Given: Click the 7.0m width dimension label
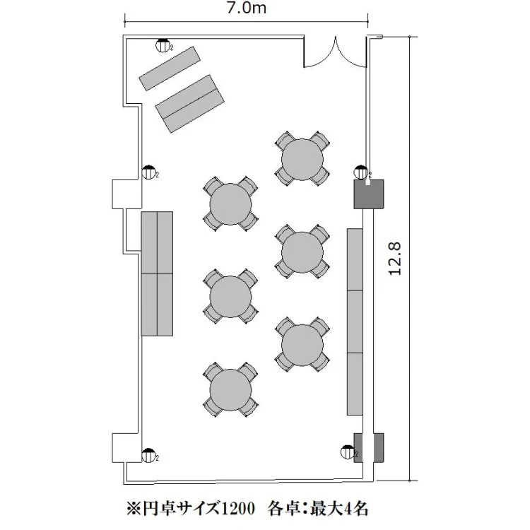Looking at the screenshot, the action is pyautogui.click(x=247, y=8).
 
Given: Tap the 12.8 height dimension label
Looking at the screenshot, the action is pyautogui.click(x=394, y=259).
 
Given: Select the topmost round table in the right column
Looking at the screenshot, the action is pyautogui.click(x=302, y=159).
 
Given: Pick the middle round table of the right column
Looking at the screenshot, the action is pyautogui.click(x=302, y=252).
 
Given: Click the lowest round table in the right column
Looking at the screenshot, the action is pyautogui.click(x=302, y=345).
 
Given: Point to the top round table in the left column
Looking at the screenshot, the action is pyautogui.click(x=230, y=204).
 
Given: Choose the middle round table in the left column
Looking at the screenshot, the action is pyautogui.click(x=230, y=297).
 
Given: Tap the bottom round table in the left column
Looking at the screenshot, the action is pyautogui.click(x=230, y=390).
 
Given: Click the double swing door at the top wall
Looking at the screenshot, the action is pyautogui.click(x=335, y=52).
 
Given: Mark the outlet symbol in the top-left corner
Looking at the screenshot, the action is pyautogui.click(x=163, y=46).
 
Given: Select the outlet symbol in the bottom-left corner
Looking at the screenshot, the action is pyautogui.click(x=148, y=456).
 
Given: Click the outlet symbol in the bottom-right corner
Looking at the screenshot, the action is pyautogui.click(x=348, y=452).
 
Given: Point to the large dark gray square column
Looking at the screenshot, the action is pyautogui.click(x=369, y=194).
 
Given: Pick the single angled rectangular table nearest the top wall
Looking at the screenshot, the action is pyautogui.click(x=170, y=69).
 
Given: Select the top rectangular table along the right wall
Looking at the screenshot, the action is pyautogui.click(x=355, y=259).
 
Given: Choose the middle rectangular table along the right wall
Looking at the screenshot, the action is pyautogui.click(x=355, y=322).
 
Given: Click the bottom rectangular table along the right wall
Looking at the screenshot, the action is pyautogui.click(x=355, y=384).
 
